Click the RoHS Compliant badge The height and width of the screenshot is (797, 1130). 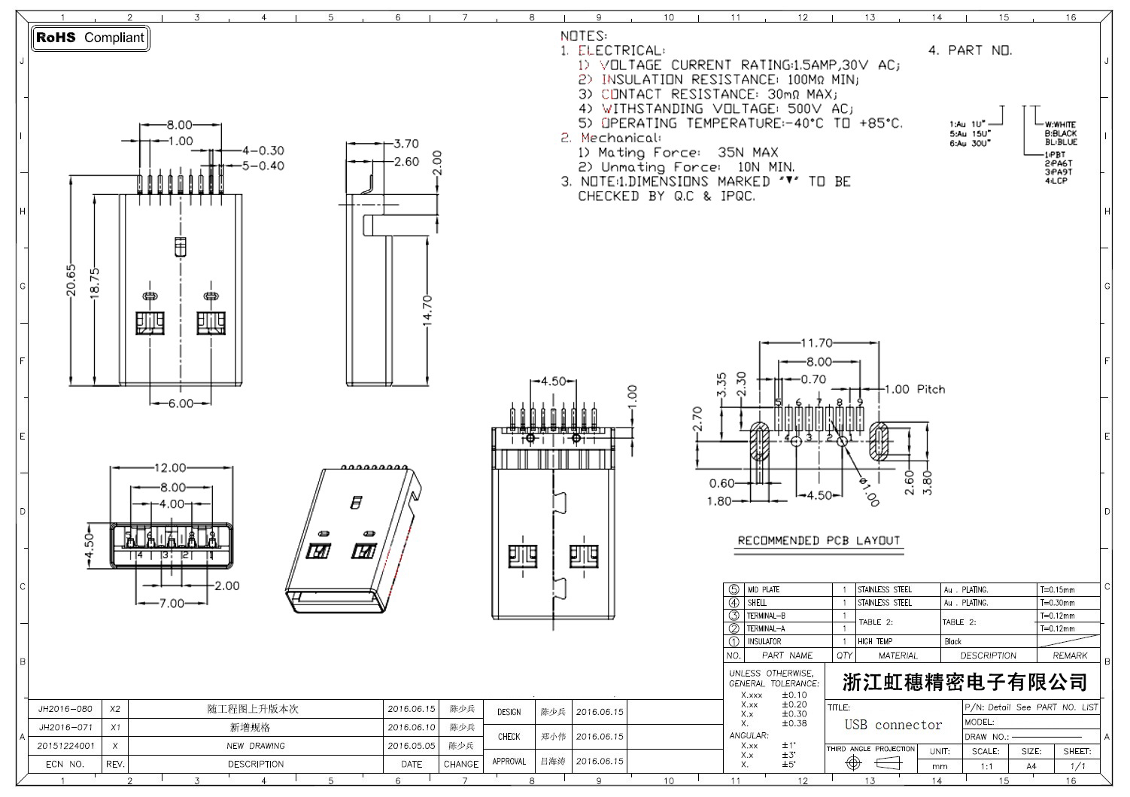pos(90,38)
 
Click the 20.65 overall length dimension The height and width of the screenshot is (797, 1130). pos(71,279)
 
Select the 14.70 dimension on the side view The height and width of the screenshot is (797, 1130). pos(427,309)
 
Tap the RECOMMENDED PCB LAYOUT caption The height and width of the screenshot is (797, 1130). pos(819,540)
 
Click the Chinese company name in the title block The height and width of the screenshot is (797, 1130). pos(965,683)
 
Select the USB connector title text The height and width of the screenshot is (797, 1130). pos(893,725)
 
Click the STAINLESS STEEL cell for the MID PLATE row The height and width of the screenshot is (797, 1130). pos(885,590)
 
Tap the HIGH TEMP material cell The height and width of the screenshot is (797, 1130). pos(875,642)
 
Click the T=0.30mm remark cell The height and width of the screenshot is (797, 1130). pos(1057,603)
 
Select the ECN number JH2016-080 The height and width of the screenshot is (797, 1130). pos(65,709)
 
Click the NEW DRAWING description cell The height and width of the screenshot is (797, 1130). pos(256,746)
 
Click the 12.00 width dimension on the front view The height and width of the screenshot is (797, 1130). pos(169,468)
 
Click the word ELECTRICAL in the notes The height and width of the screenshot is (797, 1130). pos(621,50)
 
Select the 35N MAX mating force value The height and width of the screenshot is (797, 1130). pos(748,152)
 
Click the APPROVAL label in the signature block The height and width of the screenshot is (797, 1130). pos(509,762)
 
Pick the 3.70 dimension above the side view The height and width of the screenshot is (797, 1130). pos(406,144)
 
